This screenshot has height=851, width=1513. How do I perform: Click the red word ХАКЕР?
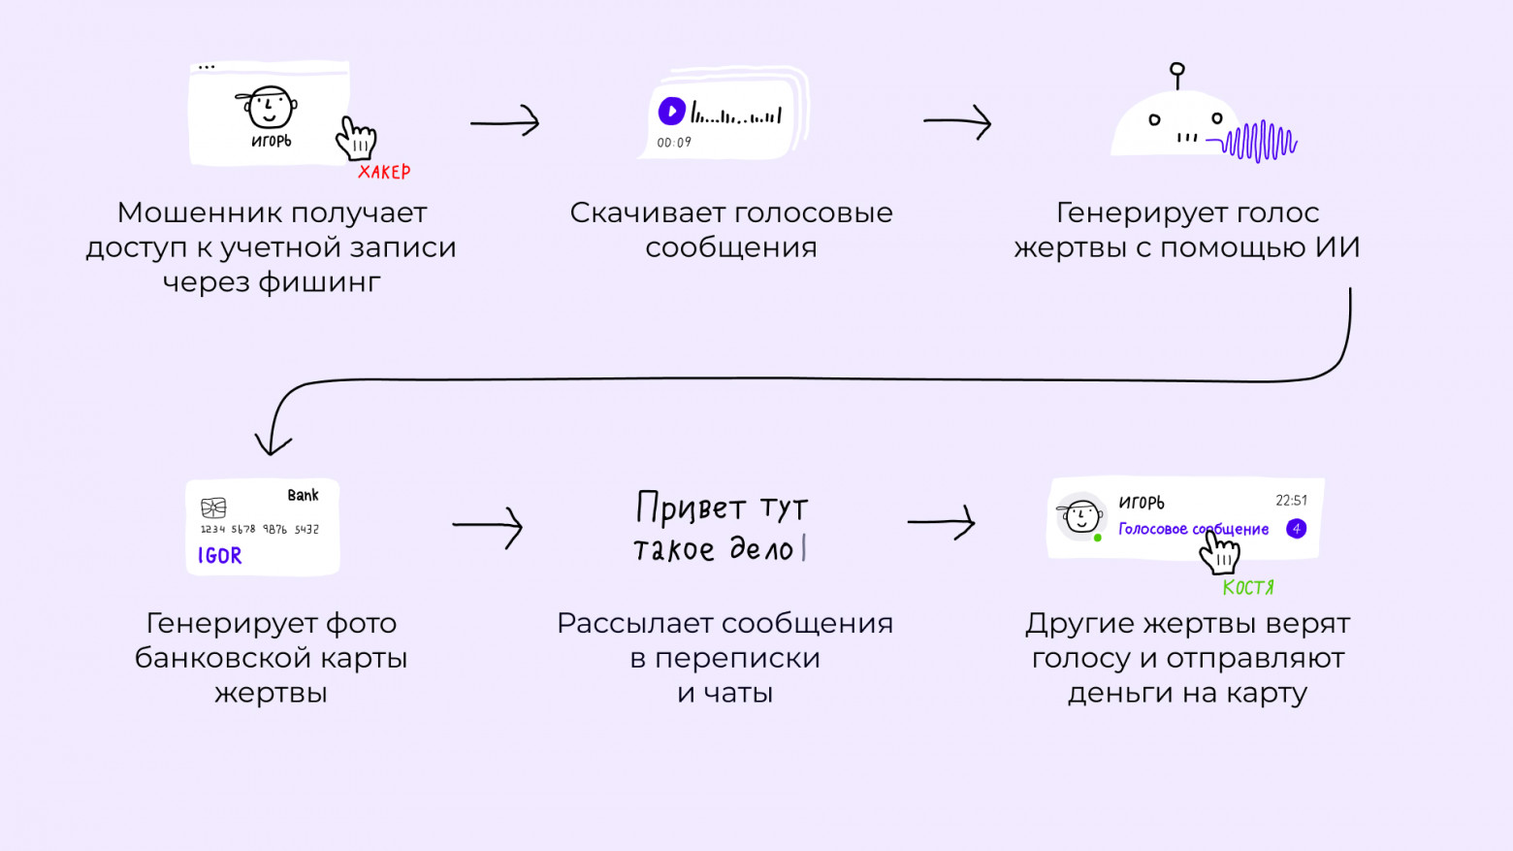[384, 172]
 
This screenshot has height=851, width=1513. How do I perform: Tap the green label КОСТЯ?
[1248, 587]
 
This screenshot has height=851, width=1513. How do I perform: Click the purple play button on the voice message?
[671, 112]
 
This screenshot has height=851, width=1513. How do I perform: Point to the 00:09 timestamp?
[674, 143]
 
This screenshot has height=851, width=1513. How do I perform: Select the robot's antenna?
[1177, 75]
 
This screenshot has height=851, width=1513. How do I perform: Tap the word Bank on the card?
[303, 495]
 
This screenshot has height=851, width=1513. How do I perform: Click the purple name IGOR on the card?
[220, 556]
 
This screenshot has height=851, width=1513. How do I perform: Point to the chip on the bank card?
[213, 507]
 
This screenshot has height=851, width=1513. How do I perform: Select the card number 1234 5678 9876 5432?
[259, 530]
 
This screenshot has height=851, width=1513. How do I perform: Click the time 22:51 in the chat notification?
[1291, 501]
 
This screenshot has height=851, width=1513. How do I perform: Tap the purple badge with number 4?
[1296, 529]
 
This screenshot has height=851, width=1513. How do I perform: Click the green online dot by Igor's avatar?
[1097, 538]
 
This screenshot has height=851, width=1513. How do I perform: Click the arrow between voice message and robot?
[957, 122]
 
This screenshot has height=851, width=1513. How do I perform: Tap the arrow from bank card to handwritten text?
[488, 527]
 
